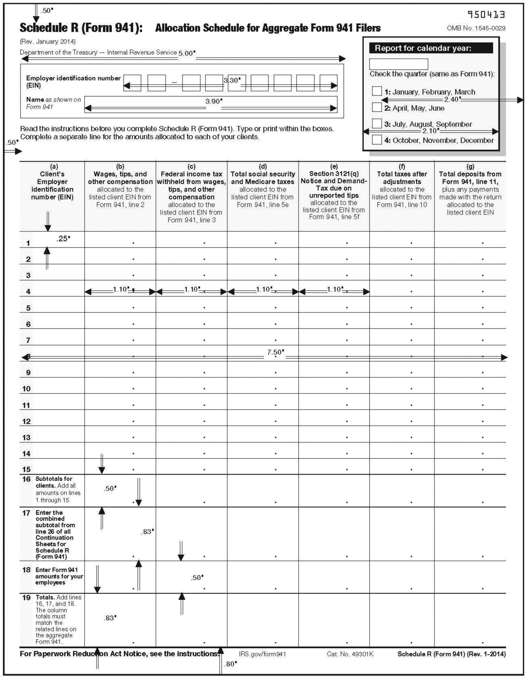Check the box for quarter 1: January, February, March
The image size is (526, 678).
(x=376, y=91)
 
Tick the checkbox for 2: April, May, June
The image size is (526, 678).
(x=376, y=107)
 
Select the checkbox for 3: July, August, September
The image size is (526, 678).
(x=376, y=123)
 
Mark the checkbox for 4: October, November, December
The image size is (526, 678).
(x=376, y=139)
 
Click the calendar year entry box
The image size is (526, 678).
(x=398, y=64)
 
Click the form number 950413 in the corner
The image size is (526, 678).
(x=486, y=14)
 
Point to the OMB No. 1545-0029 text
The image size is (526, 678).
(x=476, y=28)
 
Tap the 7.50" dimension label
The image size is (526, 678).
(x=275, y=352)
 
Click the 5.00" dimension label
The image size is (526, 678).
(x=187, y=53)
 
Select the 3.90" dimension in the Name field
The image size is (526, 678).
(x=214, y=101)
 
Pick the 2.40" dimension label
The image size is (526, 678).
(x=452, y=99)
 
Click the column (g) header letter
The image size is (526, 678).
(x=470, y=166)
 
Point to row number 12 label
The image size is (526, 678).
(x=26, y=421)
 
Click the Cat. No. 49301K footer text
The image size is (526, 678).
(x=350, y=654)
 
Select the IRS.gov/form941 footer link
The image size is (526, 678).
(x=262, y=654)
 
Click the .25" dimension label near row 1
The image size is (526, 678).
(x=63, y=239)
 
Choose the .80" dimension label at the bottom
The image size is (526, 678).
(x=230, y=664)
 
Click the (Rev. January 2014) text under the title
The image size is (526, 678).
(x=48, y=42)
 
